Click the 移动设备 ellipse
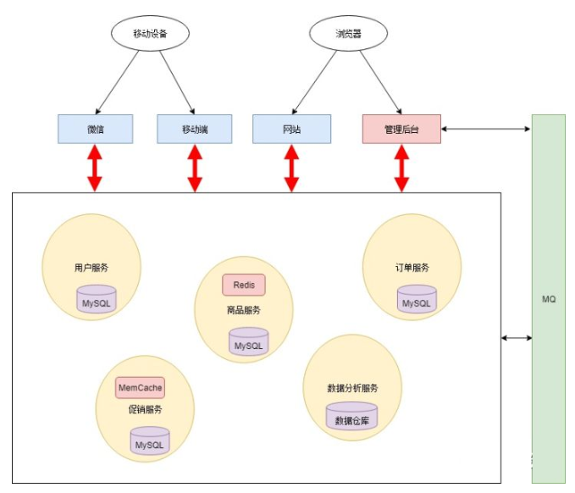click(150, 33)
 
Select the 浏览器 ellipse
click(348, 33)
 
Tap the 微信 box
click(96, 129)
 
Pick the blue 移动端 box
click(195, 129)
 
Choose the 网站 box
click(291, 129)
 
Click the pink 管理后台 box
click(401, 129)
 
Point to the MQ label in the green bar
click(549, 299)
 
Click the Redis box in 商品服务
click(244, 285)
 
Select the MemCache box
click(140, 388)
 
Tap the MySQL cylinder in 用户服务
click(96, 299)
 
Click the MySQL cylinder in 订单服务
click(417, 299)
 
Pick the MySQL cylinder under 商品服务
click(249, 341)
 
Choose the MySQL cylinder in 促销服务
click(150, 440)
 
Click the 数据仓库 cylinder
click(351, 416)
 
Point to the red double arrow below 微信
click(95, 168)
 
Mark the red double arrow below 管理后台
click(401, 168)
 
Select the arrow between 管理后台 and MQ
click(486, 129)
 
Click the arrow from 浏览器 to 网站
click(314, 82)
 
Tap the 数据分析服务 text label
click(352, 388)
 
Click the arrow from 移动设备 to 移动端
click(177, 82)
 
